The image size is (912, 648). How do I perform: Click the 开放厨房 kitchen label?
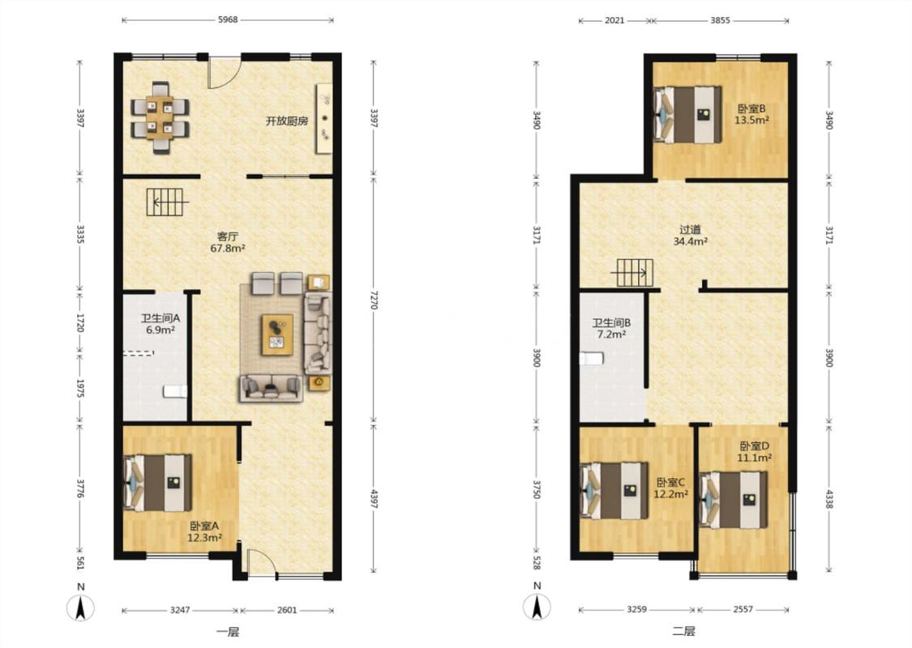(287, 122)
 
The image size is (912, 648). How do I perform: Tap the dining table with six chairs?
(161, 117)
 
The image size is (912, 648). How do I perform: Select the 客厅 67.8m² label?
(228, 242)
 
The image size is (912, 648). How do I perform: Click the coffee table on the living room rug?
(277, 335)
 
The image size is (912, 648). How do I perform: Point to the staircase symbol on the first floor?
(168, 202)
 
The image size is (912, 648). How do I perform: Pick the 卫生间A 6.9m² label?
(161, 324)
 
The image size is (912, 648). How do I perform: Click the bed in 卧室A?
(157, 483)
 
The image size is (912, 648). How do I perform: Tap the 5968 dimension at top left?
(228, 19)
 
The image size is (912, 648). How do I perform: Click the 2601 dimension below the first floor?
(287, 610)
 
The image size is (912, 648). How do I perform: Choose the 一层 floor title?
(228, 632)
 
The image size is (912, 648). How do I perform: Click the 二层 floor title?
(684, 631)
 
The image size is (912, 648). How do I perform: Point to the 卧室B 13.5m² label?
(751, 114)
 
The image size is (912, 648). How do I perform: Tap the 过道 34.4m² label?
(691, 236)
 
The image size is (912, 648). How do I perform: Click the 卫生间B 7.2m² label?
(611, 328)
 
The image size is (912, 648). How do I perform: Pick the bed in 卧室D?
(734, 500)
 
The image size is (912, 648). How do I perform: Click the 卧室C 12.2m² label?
(670, 488)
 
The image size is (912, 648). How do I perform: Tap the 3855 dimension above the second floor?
(720, 19)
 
